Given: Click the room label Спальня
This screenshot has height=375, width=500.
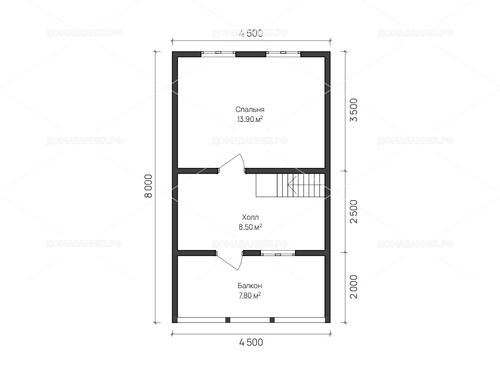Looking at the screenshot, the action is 250,110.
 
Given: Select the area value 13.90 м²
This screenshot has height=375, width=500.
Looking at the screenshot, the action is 250,119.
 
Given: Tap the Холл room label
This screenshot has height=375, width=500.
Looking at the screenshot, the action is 250,217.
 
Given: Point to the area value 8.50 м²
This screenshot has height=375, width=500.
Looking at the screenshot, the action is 250,227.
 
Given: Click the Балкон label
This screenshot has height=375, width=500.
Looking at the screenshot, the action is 250,286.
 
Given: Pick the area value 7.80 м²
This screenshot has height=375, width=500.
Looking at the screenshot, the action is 250,295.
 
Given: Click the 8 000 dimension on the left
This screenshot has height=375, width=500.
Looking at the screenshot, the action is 148,186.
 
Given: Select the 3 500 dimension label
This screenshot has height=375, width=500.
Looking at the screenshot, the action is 353,110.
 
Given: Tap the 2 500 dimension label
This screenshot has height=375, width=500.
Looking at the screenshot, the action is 353,212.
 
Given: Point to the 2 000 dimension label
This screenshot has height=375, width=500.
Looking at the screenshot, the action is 353,287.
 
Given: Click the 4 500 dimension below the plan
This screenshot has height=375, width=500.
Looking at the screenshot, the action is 251,342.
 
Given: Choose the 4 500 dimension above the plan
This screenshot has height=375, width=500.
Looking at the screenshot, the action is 251,33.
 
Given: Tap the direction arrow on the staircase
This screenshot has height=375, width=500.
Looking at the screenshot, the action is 292,185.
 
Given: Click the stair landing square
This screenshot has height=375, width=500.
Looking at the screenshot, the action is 267,185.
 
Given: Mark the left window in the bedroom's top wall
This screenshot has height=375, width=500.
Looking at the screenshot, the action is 218,54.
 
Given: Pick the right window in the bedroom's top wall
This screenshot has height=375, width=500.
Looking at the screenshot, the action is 283,54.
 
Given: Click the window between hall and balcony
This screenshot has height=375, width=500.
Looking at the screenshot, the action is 278,253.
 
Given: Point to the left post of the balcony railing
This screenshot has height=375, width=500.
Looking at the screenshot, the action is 228,320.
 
